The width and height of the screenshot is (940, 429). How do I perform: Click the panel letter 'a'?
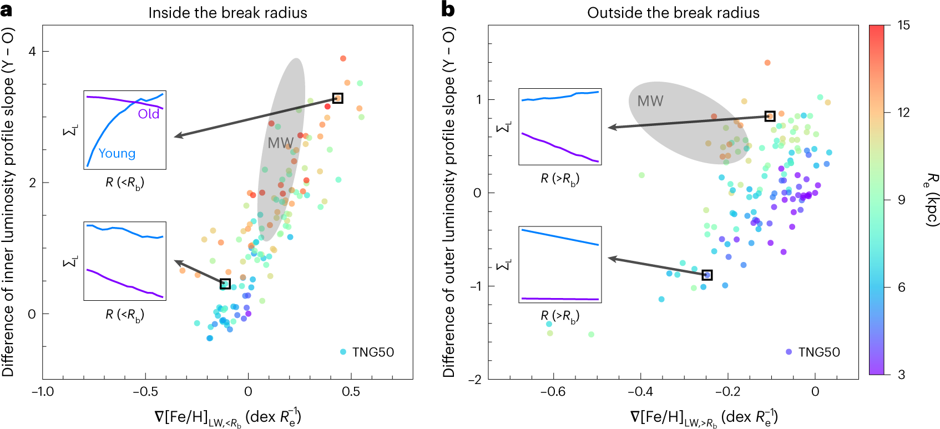click(x=6, y=10)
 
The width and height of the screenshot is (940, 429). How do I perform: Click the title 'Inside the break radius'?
click(x=228, y=13)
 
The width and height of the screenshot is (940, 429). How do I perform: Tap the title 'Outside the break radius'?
click(x=673, y=13)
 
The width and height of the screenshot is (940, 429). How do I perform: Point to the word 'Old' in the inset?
click(x=149, y=114)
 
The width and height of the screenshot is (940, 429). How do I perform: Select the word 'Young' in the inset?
click(x=117, y=153)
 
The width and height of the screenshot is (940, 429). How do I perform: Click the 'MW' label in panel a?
click(x=280, y=143)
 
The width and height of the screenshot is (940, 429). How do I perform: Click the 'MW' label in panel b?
click(x=650, y=101)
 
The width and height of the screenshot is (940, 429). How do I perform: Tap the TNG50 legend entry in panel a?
click(x=367, y=352)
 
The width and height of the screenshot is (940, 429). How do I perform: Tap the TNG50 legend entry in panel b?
click(x=813, y=352)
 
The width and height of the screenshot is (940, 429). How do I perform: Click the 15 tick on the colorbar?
click(x=904, y=26)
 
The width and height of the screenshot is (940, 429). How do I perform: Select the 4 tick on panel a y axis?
click(x=32, y=51)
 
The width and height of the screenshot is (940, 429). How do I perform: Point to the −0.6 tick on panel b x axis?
click(x=553, y=391)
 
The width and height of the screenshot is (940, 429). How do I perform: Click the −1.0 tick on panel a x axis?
click(x=43, y=391)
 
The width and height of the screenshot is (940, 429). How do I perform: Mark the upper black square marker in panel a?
click(x=337, y=98)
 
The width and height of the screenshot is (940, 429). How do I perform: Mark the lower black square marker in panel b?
click(x=707, y=275)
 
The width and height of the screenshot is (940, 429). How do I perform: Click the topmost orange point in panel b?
click(x=767, y=63)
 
